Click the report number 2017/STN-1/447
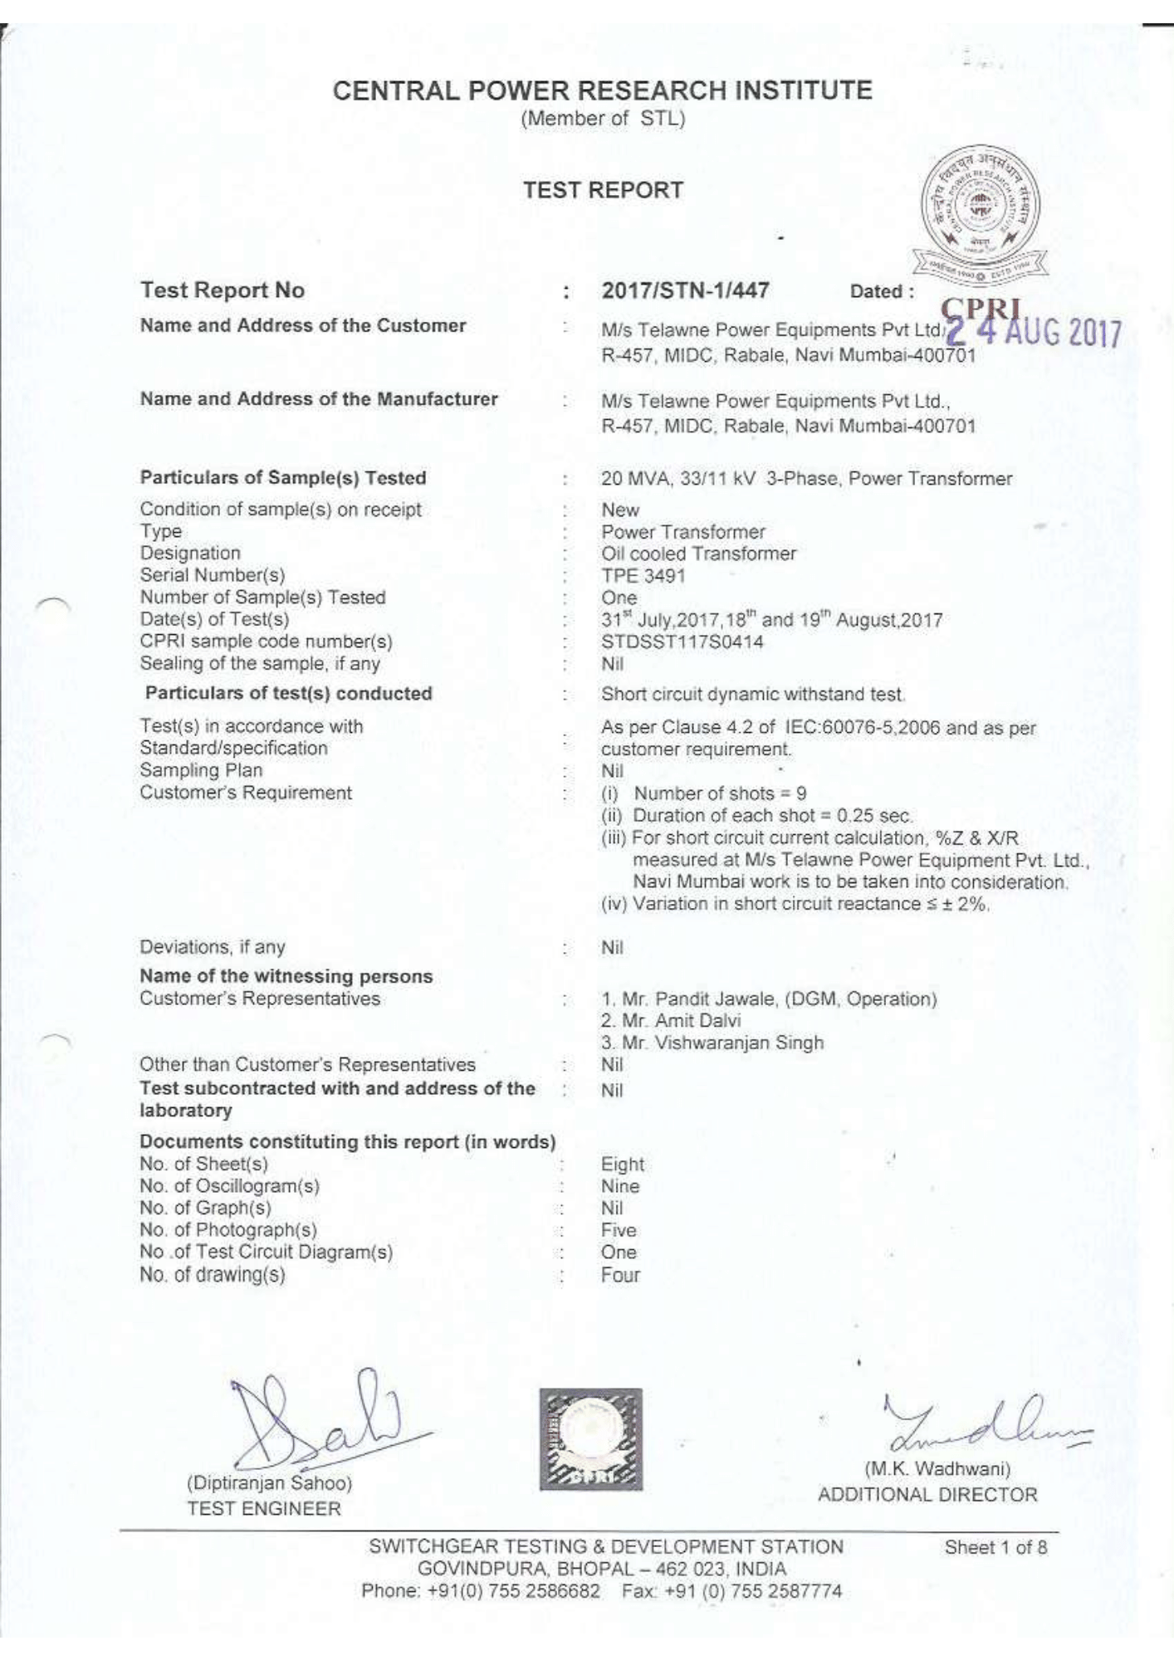click(685, 290)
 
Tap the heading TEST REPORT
click(603, 190)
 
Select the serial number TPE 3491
click(643, 576)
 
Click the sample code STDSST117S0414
click(682, 642)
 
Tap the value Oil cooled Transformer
click(698, 554)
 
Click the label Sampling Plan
click(201, 770)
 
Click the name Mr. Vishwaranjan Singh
click(712, 1043)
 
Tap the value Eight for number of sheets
click(623, 1164)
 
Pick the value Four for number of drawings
click(621, 1275)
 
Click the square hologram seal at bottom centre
click(590, 1439)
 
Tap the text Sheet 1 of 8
click(995, 1547)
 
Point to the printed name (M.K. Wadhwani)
click(937, 1469)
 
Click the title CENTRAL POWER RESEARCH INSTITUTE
click(602, 90)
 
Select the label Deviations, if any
click(213, 947)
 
